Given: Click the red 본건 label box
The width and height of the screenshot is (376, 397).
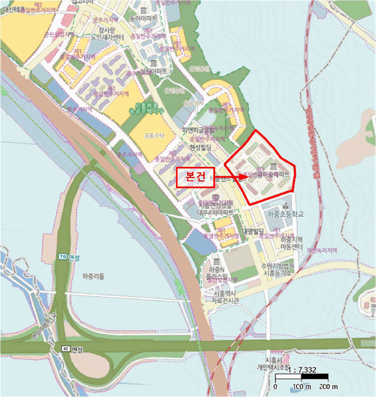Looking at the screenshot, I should coord(195,177).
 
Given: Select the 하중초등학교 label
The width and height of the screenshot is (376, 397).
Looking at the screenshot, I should coord(284,214).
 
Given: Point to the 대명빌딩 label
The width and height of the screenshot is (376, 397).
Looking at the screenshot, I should coord(254,231).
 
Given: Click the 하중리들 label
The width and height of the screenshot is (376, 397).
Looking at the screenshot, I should coord(94,276).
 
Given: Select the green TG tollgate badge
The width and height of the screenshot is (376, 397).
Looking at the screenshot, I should coord(62,256).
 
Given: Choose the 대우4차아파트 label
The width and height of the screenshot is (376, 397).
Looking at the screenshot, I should coord(215,213).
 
